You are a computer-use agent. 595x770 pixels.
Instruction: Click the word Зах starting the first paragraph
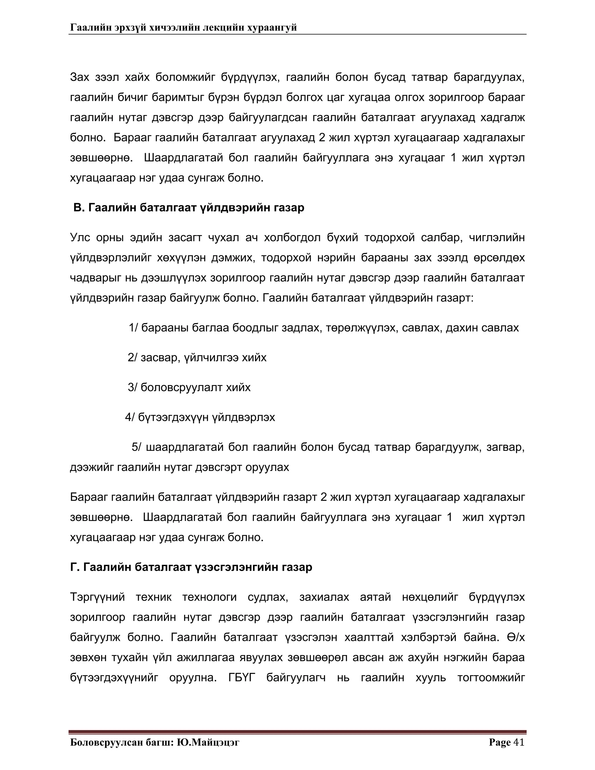80,77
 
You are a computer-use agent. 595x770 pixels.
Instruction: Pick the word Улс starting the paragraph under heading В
80,237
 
